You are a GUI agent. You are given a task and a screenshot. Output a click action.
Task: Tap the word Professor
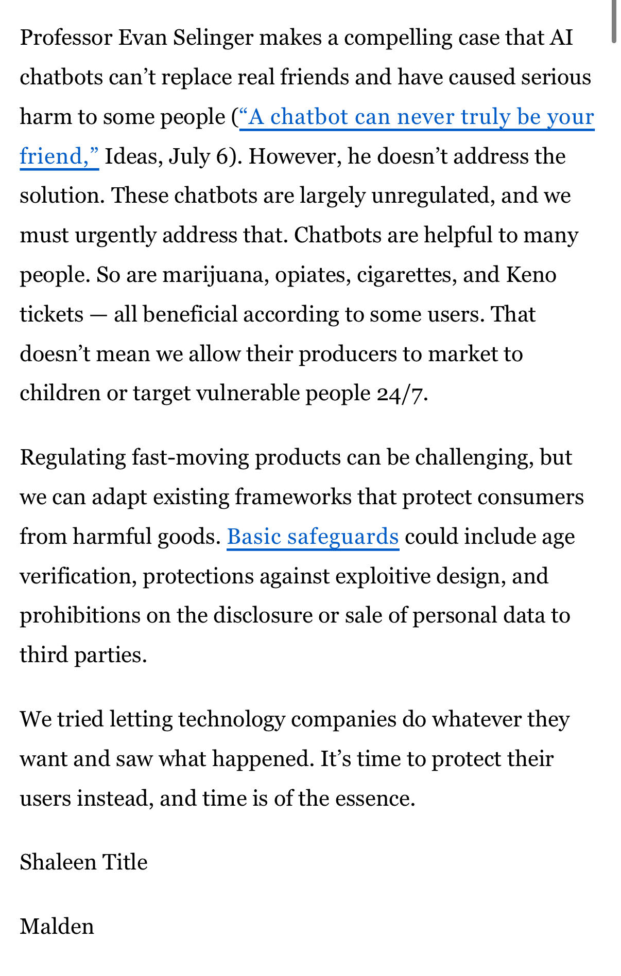[x=66, y=38]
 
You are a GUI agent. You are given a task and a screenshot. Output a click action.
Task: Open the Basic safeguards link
[x=313, y=537]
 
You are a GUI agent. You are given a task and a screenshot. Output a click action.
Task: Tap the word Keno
[x=531, y=275]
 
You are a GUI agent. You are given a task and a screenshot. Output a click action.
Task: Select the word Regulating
[x=73, y=458]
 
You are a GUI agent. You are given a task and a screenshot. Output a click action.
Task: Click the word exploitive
[x=383, y=576]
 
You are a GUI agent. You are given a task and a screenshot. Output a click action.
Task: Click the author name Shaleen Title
[x=83, y=862]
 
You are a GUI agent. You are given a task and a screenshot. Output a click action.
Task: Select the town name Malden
[x=57, y=927]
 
